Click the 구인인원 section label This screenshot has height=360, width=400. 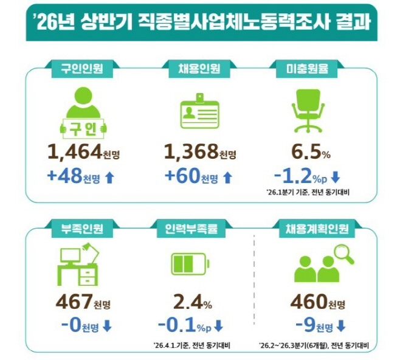(x=82, y=69)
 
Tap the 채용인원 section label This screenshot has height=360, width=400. (x=199, y=69)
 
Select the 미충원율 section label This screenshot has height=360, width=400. (x=307, y=69)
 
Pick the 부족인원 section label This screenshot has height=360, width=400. (x=82, y=229)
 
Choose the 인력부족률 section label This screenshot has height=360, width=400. (x=191, y=229)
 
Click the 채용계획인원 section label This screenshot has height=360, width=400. (x=317, y=229)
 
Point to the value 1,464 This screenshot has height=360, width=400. (x=75, y=151)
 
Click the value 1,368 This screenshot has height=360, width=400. (x=191, y=151)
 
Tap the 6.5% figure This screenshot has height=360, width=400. (x=311, y=152)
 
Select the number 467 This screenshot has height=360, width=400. (x=74, y=302)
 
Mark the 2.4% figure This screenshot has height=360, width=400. (x=193, y=302)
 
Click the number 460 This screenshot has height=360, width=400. (x=309, y=302)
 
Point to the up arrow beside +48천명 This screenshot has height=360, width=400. (x=109, y=178)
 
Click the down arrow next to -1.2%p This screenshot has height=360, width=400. (x=336, y=178)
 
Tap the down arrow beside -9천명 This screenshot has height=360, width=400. (x=341, y=326)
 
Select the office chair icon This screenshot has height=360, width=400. (x=308, y=111)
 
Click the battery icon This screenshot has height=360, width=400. (x=190, y=264)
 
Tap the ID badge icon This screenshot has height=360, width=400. (x=200, y=111)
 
